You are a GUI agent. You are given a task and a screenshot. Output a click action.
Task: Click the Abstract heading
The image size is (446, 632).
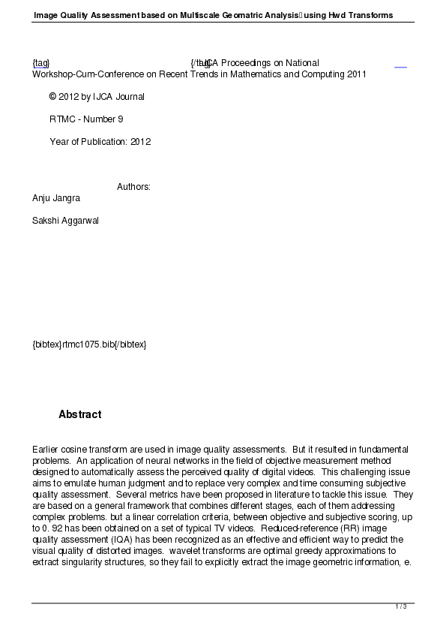pyautogui.click(x=79, y=415)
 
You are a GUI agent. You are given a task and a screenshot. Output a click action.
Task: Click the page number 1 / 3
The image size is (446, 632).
pyautogui.click(x=401, y=606)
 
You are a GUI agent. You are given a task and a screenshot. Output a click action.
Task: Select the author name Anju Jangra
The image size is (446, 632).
pyautogui.click(x=56, y=198)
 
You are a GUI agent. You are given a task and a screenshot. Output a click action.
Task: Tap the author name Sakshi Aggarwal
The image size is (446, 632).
pyautogui.click(x=65, y=221)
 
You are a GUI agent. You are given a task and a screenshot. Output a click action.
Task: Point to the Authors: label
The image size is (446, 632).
pyautogui.click(x=133, y=187)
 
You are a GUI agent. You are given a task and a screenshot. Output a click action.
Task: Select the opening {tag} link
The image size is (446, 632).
pyautogui.click(x=40, y=63)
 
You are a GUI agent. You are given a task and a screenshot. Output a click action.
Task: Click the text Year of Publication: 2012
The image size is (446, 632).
pyautogui.click(x=100, y=142)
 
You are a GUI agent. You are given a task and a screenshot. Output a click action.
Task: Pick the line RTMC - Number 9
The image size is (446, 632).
pyautogui.click(x=86, y=119)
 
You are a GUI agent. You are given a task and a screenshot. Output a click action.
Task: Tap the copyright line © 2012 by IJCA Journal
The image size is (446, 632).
pyautogui.click(x=97, y=97)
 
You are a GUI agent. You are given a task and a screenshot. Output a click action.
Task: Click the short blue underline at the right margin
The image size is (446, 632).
pyautogui.click(x=400, y=67)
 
